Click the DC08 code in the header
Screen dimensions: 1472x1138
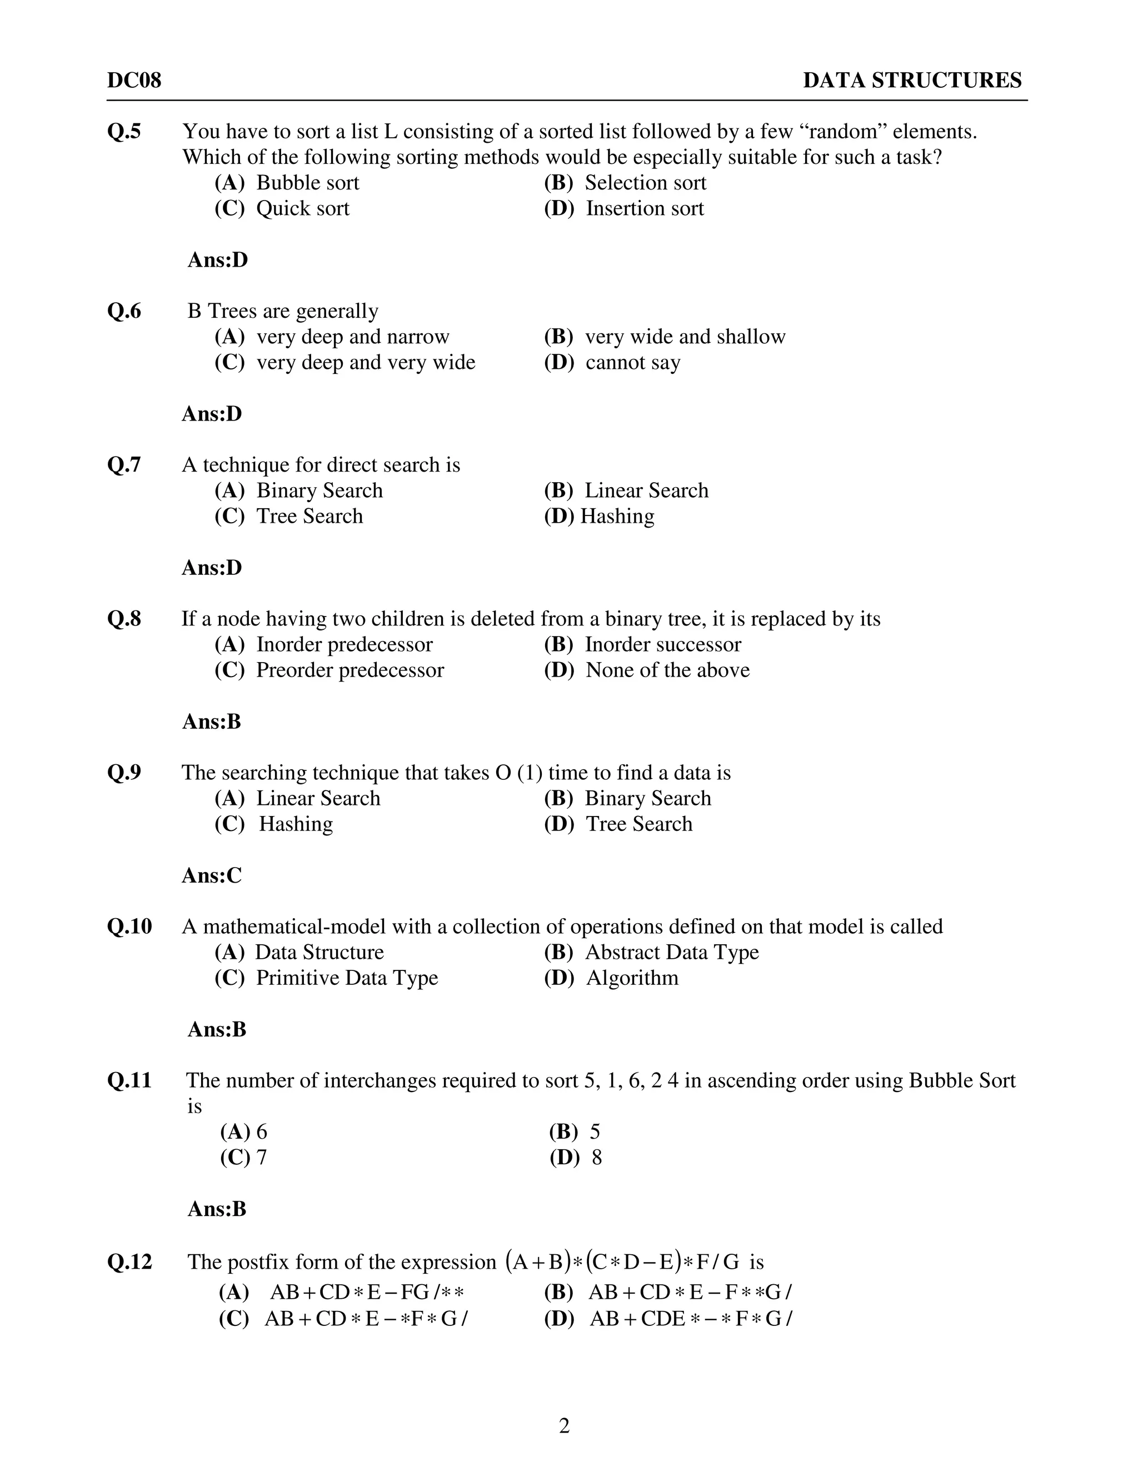coord(134,80)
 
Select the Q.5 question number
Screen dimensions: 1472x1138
coord(124,131)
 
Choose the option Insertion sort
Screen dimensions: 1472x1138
coord(644,208)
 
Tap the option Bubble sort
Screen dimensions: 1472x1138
coord(307,183)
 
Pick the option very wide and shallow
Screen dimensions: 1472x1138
coord(684,336)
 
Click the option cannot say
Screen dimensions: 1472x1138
coord(632,363)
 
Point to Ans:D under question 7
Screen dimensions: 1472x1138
coord(212,568)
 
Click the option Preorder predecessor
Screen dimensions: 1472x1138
coord(349,670)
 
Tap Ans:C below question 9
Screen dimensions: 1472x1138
coord(212,875)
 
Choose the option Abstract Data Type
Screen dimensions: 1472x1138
coord(671,952)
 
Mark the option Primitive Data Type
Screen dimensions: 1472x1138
coord(347,978)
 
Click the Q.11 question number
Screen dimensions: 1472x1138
coord(129,1080)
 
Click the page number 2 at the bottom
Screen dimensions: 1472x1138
coord(565,1426)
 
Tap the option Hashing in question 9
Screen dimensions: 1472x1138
coord(295,824)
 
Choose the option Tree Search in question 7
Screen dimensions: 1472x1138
coord(309,516)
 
